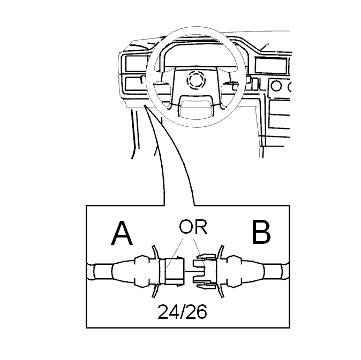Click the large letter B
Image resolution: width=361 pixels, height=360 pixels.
point(261,232)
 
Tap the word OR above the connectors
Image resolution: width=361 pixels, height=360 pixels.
point(193,227)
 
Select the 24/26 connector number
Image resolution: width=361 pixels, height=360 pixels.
point(182,312)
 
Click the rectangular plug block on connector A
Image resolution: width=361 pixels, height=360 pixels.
point(174,271)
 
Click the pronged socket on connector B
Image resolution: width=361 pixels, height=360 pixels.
point(205,271)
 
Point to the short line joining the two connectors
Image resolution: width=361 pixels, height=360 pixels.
point(189,272)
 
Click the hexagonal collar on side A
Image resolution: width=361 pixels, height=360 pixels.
point(142,271)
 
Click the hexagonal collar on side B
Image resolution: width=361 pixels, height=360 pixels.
point(235,271)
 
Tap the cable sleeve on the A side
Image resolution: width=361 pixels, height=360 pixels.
point(103,272)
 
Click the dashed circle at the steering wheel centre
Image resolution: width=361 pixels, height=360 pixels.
point(196,80)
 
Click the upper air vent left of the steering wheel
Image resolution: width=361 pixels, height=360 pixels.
point(136,64)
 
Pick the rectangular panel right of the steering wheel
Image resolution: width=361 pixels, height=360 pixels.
point(271,65)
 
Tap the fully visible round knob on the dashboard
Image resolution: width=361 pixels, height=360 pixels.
point(276,86)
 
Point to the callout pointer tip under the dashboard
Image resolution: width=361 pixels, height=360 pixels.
point(145,105)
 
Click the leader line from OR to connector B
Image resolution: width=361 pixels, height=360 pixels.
point(199,254)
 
